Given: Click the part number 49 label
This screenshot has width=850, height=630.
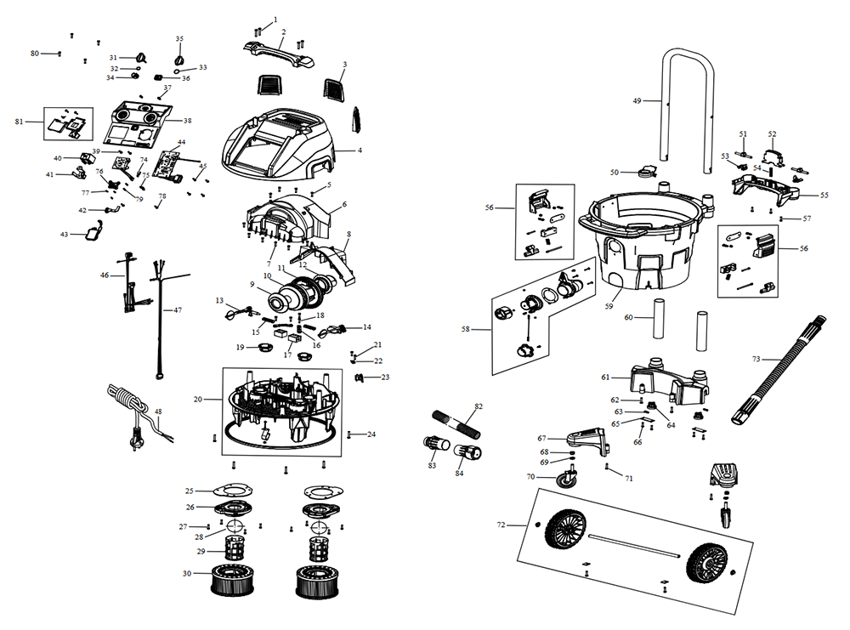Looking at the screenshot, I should (637, 100).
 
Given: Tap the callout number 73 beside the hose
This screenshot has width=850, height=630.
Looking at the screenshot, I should (756, 359).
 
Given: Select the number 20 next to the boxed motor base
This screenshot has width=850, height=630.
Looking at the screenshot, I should (197, 400).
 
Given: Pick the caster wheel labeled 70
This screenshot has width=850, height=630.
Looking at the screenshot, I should (564, 480).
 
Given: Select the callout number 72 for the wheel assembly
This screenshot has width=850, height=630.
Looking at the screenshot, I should (502, 525).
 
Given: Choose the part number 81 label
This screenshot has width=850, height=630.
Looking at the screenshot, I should (20, 122).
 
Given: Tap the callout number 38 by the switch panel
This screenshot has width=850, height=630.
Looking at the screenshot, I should (187, 121).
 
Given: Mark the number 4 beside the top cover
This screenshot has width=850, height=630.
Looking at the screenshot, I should (360, 150).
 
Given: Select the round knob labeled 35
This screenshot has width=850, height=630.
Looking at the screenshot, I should (179, 58).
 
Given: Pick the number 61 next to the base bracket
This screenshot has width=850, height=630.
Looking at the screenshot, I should (605, 377).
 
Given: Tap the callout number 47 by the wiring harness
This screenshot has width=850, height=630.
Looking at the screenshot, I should (178, 310).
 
